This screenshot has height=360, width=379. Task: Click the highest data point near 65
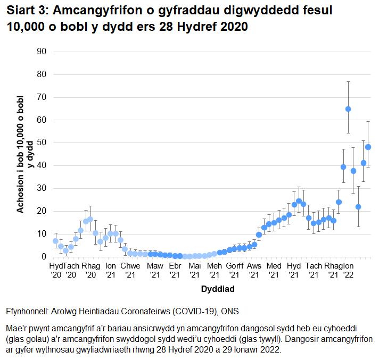[348, 109]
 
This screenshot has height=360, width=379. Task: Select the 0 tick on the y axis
[45, 257]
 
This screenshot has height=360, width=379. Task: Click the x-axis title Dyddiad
[218, 290]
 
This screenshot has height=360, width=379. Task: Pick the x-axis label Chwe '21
[130, 270]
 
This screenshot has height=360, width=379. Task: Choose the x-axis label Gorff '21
[235, 270]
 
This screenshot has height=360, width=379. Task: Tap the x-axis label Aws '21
[254, 270]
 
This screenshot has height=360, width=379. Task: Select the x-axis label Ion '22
[348, 270]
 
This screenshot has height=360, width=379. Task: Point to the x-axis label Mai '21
[195, 270]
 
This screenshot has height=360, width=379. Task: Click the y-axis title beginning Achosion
[26, 154]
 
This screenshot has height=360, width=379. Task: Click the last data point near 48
[368, 147]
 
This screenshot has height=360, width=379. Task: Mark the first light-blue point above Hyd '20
[55, 241]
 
